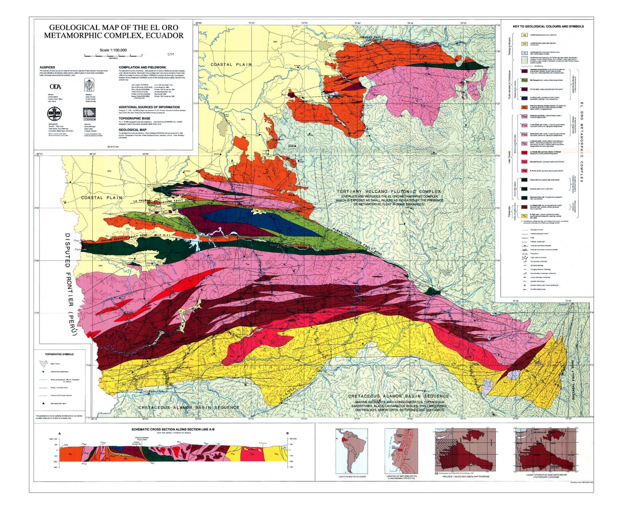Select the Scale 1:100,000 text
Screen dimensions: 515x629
click(x=114, y=50)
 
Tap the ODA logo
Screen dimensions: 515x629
click(x=55, y=87)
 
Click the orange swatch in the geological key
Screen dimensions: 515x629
click(x=524, y=106)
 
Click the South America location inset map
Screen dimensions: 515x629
click(x=352, y=452)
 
